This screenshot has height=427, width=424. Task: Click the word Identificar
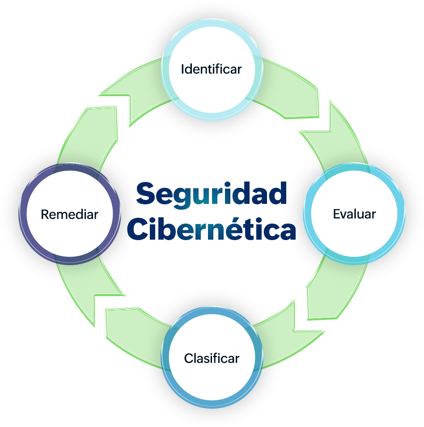[211, 69]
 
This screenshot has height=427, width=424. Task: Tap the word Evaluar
[354, 214]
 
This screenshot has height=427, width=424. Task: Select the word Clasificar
[212, 358]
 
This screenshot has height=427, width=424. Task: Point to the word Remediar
[69, 214]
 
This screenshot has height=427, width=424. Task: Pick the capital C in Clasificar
[188, 358]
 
